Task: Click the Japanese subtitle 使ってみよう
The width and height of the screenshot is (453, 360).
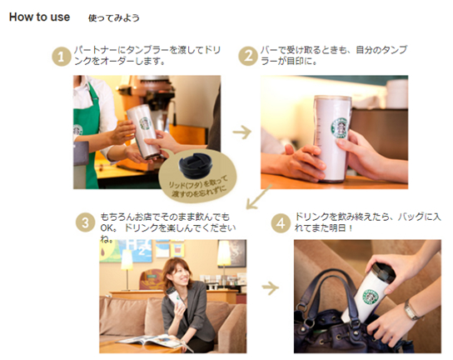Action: click(x=114, y=18)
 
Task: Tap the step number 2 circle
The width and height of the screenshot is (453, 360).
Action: click(x=247, y=56)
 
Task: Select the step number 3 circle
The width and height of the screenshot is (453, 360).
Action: click(x=85, y=222)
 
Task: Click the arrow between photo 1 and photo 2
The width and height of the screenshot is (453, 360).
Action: click(x=241, y=132)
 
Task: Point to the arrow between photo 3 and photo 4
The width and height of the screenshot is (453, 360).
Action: click(x=270, y=288)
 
